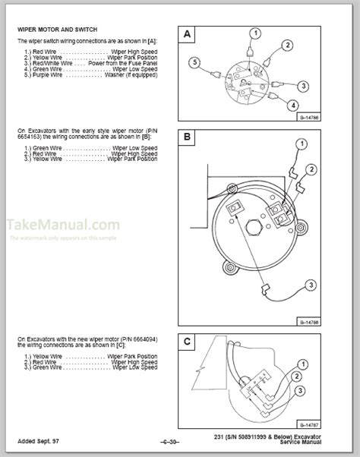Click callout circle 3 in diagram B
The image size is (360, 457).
(x=311, y=284)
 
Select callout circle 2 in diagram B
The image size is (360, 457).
(x=311, y=169)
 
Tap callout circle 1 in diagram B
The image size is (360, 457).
(x=302, y=144)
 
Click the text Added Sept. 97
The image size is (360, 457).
(x=37, y=441)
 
